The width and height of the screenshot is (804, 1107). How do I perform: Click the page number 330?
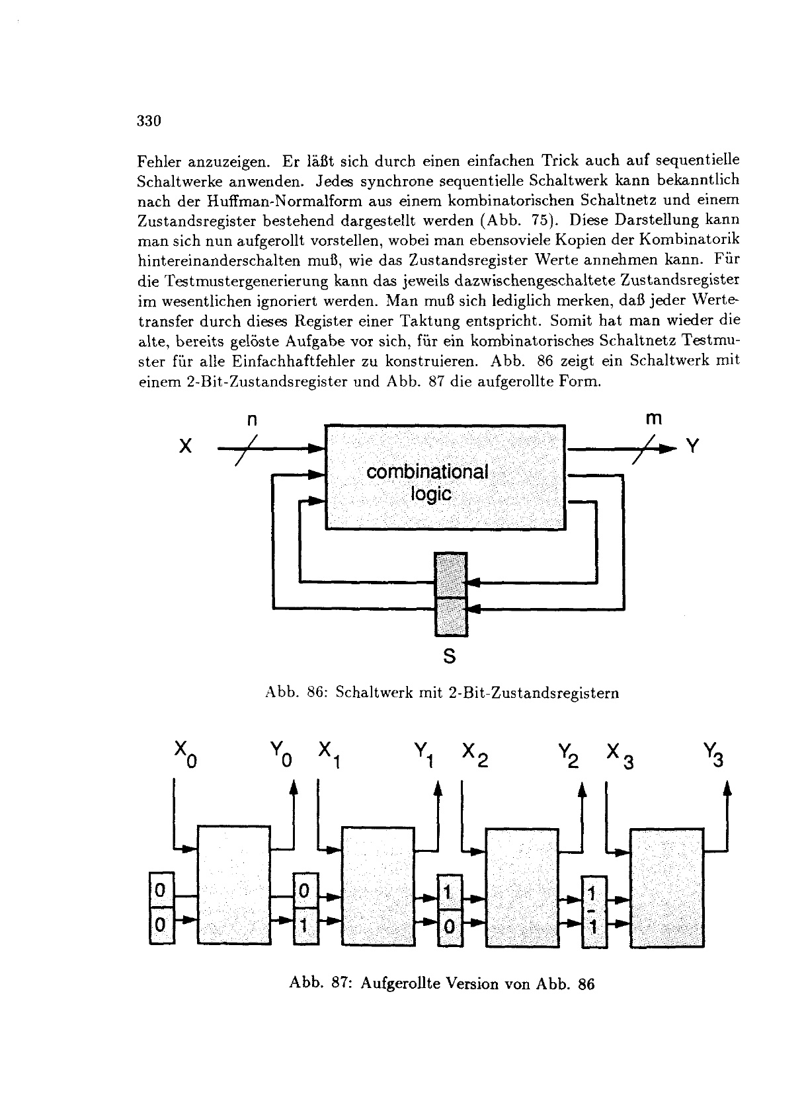tap(149, 121)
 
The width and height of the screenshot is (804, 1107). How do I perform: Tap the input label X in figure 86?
tap(185, 447)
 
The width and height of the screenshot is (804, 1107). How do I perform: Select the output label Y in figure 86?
tap(692, 447)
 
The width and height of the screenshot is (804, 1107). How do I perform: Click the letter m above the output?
tap(653, 418)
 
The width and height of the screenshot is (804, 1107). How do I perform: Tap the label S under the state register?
tap(450, 656)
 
